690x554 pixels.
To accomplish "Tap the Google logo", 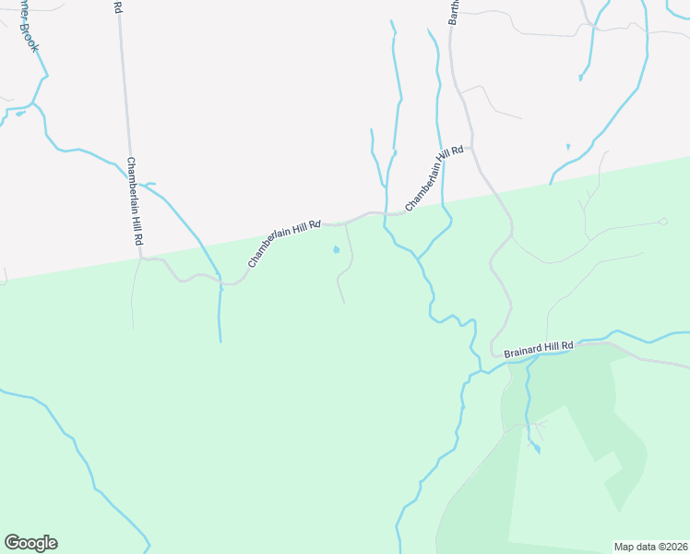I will pos(30,543).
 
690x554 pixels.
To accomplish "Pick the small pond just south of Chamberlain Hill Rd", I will pos(336,249).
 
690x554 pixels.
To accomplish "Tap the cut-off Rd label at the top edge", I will pos(117,6).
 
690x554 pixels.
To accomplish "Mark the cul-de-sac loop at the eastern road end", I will pos(662,222).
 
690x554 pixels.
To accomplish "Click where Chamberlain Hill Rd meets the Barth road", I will pos(472,148).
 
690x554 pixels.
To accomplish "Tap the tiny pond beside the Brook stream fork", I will pos(19,114).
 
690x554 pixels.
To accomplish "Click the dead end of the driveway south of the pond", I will pos(344,303).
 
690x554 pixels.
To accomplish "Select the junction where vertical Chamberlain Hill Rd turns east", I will pos(141,259).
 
